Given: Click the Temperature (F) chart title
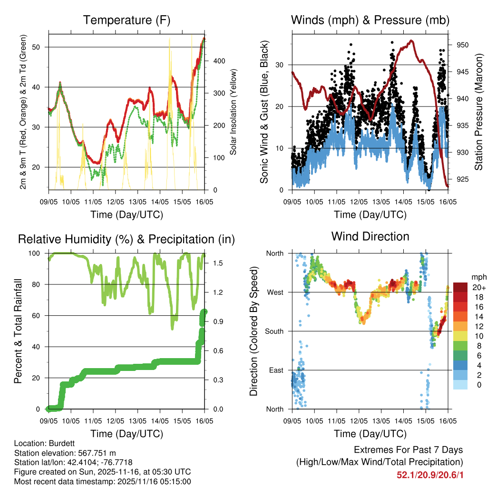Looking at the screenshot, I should [127, 20].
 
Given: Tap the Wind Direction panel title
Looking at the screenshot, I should [370, 236].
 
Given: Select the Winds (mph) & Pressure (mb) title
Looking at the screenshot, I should [370, 20].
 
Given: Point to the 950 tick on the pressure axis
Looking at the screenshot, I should [463, 45].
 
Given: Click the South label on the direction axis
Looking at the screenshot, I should [274, 331].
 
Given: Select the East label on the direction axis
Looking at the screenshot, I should [276, 370].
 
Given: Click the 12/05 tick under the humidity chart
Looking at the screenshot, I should [115, 421].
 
